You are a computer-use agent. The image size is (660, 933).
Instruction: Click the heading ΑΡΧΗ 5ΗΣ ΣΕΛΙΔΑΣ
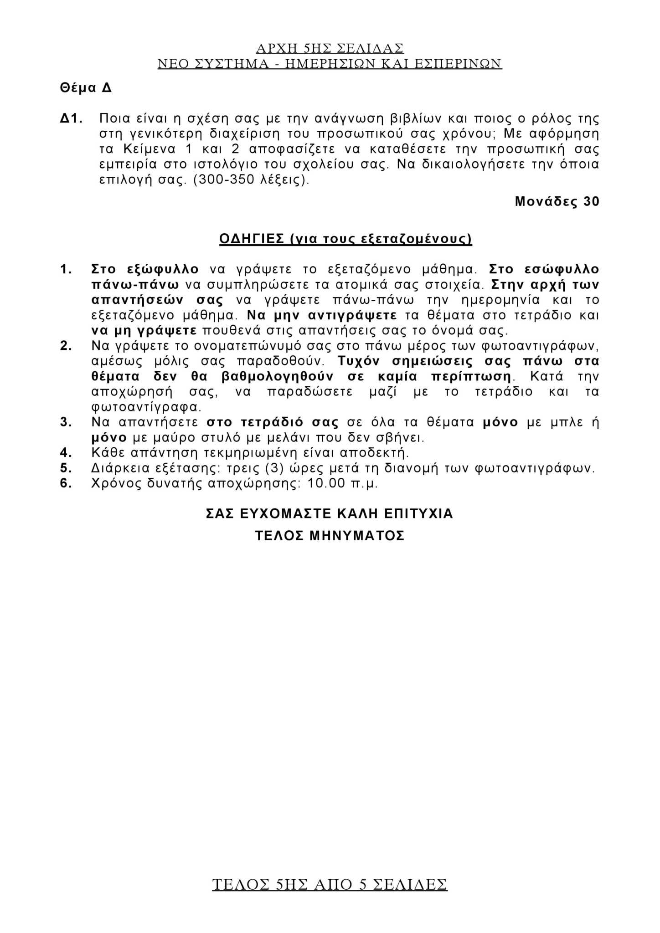pos(330,48)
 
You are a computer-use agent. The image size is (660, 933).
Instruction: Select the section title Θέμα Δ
pos(86,88)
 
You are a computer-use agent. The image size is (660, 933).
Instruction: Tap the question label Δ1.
pos(71,119)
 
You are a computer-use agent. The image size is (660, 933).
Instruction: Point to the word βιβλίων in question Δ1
pos(416,119)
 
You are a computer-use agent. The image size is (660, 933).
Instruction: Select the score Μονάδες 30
pos(557,201)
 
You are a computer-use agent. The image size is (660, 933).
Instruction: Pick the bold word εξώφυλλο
pos(163,269)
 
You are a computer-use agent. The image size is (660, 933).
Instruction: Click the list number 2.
pos(66,346)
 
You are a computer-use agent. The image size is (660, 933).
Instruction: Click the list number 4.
pos(66,453)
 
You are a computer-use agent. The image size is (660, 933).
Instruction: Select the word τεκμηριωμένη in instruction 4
pos(249,453)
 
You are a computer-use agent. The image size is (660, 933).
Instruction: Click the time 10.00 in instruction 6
pos(326,483)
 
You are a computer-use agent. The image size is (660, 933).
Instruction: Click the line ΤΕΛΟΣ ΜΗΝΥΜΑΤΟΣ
pos(330,535)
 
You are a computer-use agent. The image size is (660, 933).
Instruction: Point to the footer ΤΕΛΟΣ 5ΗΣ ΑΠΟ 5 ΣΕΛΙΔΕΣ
pos(330,885)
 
